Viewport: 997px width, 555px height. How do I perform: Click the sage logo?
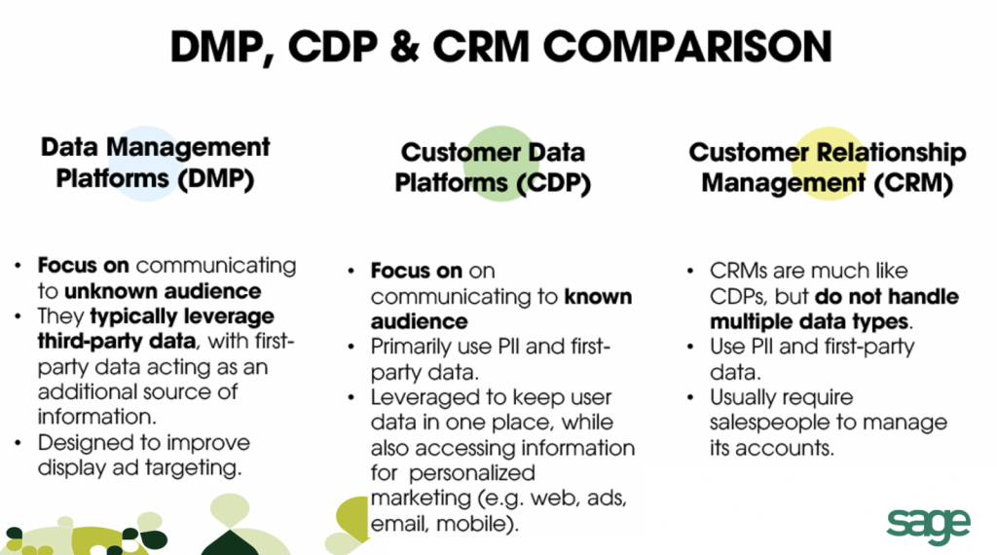pyautogui.click(x=928, y=526)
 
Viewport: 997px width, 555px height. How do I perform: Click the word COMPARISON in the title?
pyautogui.click(x=687, y=47)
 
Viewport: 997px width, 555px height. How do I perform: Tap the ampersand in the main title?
pyautogui.click(x=405, y=47)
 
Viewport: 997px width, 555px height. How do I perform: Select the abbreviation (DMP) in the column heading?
pyautogui.click(x=216, y=178)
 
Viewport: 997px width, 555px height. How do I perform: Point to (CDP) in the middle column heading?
pyautogui.click(x=553, y=183)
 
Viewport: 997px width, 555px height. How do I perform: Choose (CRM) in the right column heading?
pyautogui.click(x=913, y=183)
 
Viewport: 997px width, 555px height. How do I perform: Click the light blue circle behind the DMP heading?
pyautogui.click(x=147, y=164)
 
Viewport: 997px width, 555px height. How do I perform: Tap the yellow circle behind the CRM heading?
pyautogui.click(x=829, y=164)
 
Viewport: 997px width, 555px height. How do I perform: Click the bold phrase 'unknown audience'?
pyautogui.click(x=163, y=291)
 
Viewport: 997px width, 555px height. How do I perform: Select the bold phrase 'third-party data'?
pyautogui.click(x=117, y=342)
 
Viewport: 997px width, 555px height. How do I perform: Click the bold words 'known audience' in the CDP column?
pyautogui.click(x=501, y=309)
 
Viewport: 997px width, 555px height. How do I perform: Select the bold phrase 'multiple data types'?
pyautogui.click(x=809, y=321)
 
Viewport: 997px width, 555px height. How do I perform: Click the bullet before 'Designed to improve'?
pyautogui.click(x=18, y=442)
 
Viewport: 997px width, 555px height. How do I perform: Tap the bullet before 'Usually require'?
pyautogui.click(x=690, y=397)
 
